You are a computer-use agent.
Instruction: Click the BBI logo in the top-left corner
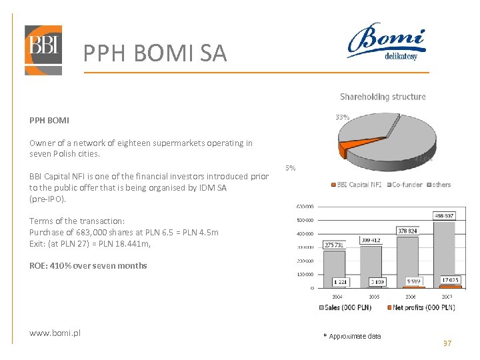(43, 50)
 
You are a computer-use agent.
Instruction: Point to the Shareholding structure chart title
(383, 97)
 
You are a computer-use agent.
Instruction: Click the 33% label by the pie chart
(342, 117)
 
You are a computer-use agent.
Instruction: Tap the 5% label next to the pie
(291, 168)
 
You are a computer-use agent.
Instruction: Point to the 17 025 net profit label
(449, 280)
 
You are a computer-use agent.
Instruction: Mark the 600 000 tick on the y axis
(306, 205)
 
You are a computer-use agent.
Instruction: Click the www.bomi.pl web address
(55, 333)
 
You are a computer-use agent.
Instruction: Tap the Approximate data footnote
(354, 336)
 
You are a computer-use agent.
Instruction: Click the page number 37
(447, 343)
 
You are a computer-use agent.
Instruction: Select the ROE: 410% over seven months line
(88, 265)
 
